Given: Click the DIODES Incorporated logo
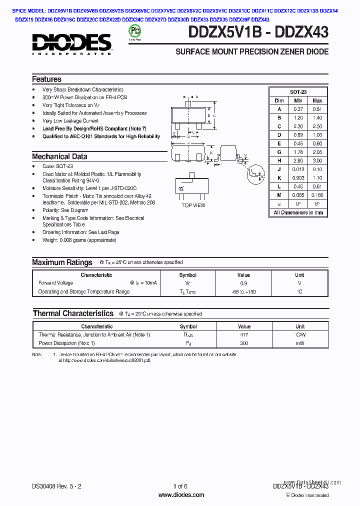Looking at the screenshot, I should coord(71,43).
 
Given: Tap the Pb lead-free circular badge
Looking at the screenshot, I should coord(134,31).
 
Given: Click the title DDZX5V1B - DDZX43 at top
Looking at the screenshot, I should coord(258,32).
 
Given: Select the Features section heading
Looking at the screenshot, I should coord(46,79).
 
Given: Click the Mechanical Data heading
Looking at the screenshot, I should coord(59,156).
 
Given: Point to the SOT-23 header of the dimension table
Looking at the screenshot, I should coord(298,92).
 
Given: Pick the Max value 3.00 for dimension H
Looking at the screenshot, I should coord(316,160).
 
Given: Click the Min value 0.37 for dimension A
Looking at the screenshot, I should coord(298,109).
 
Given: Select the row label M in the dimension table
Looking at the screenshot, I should coord(279,195).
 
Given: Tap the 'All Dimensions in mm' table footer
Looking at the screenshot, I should coord(298,212).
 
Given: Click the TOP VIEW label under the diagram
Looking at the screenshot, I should coord(193,205).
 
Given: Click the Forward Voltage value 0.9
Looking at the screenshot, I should coord(243,283).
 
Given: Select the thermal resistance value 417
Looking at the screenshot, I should coord(243,335).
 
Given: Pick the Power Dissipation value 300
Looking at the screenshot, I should coord(243,343).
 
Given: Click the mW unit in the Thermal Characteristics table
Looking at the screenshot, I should coord(299,343).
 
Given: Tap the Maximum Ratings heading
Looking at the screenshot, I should coord(62,262).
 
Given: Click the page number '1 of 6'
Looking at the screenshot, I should coord(180,486).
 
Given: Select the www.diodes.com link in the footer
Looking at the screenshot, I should coord(181,495).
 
